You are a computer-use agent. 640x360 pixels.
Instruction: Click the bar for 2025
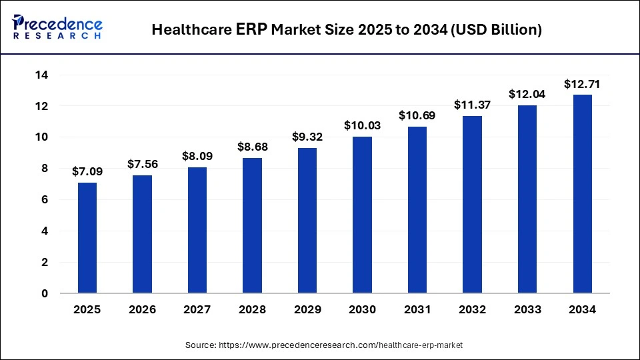pyautogui.click(x=87, y=237)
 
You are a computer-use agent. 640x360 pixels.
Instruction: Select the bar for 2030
pyautogui.click(x=362, y=215)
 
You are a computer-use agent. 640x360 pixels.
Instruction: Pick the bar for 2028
pyautogui.click(x=252, y=225)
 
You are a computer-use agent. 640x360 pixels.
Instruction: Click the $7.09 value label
pyautogui.click(x=87, y=171)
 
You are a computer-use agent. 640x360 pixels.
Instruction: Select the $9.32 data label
pyautogui.click(x=307, y=137)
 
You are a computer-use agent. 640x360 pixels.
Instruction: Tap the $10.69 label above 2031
pyautogui.click(x=417, y=115)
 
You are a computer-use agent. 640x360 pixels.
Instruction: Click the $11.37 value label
pyautogui.click(x=472, y=105)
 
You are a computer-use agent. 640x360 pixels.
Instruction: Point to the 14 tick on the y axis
pyautogui.click(x=41, y=75)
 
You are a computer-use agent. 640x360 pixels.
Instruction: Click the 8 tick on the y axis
pyautogui.click(x=44, y=169)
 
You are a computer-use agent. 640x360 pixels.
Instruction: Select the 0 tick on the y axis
pyautogui.click(x=44, y=293)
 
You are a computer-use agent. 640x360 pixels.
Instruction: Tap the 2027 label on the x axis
pyautogui.click(x=197, y=310)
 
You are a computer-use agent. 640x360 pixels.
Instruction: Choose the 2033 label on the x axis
pyautogui.click(x=527, y=310)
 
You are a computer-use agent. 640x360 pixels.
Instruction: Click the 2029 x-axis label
pyautogui.click(x=307, y=310)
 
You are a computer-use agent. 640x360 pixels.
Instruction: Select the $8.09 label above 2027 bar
pyautogui.click(x=197, y=156)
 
